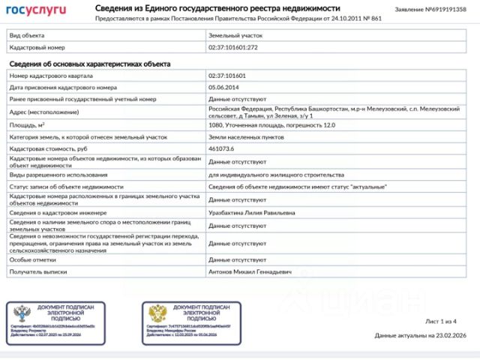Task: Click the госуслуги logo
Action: click(x=37, y=10)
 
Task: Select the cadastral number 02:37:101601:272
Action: click(x=232, y=47)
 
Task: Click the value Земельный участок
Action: click(x=235, y=35)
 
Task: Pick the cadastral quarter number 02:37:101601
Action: click(x=227, y=76)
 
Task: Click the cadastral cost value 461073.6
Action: click(x=221, y=149)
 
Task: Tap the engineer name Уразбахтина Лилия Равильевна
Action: click(x=251, y=213)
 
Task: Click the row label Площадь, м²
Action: click(x=28, y=124)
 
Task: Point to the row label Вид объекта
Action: click(x=25, y=35)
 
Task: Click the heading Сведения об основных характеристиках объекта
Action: click(x=88, y=64)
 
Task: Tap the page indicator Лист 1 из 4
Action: click(x=441, y=321)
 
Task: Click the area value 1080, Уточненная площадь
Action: click(x=260, y=124)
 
